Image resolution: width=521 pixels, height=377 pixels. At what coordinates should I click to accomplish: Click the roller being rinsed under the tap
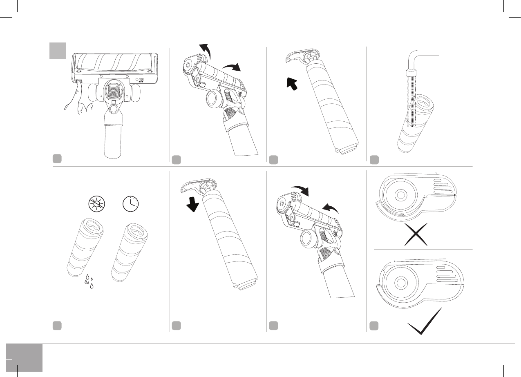(x=415, y=123)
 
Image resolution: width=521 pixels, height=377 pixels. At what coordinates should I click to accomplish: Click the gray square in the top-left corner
(x=58, y=51)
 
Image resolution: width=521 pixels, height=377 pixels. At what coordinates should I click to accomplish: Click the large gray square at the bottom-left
(x=24, y=358)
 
